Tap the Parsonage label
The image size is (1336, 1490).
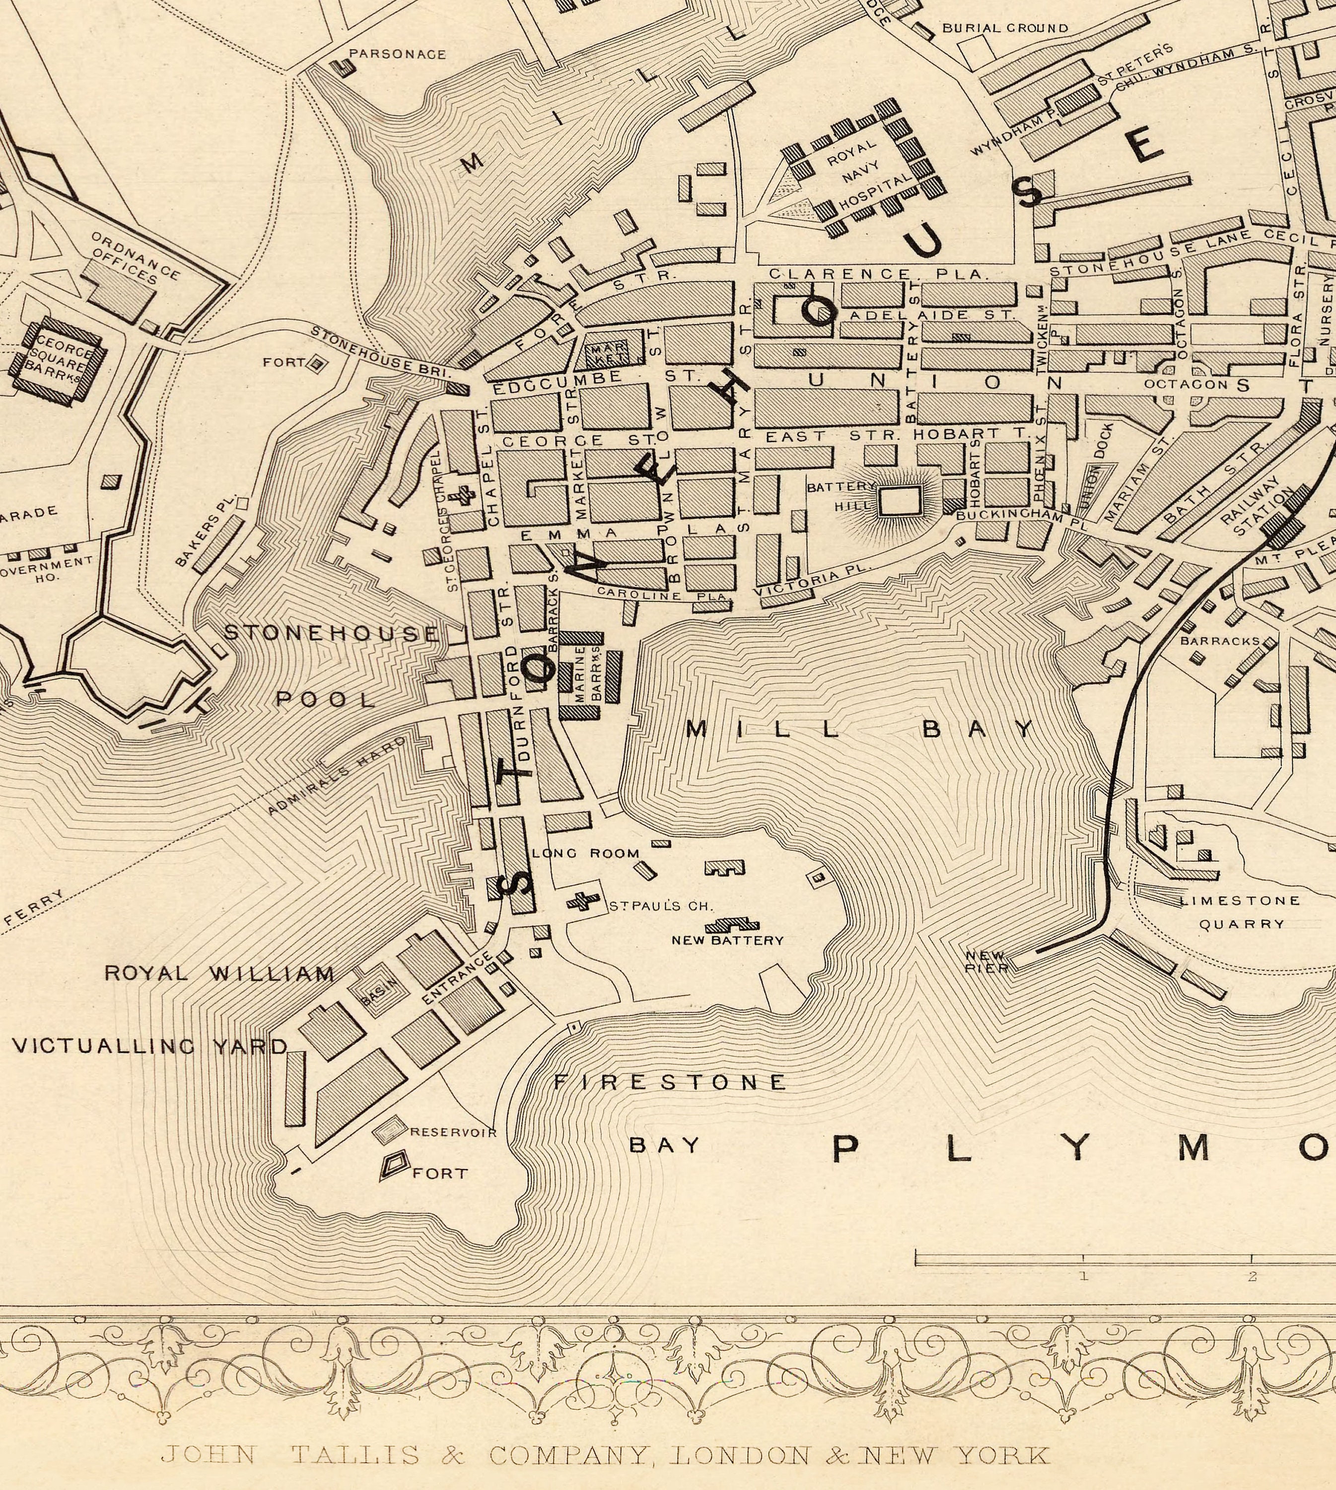396,54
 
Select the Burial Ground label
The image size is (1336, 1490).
1005,28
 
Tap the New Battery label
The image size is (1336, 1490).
727,941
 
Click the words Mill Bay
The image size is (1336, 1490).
859,729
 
